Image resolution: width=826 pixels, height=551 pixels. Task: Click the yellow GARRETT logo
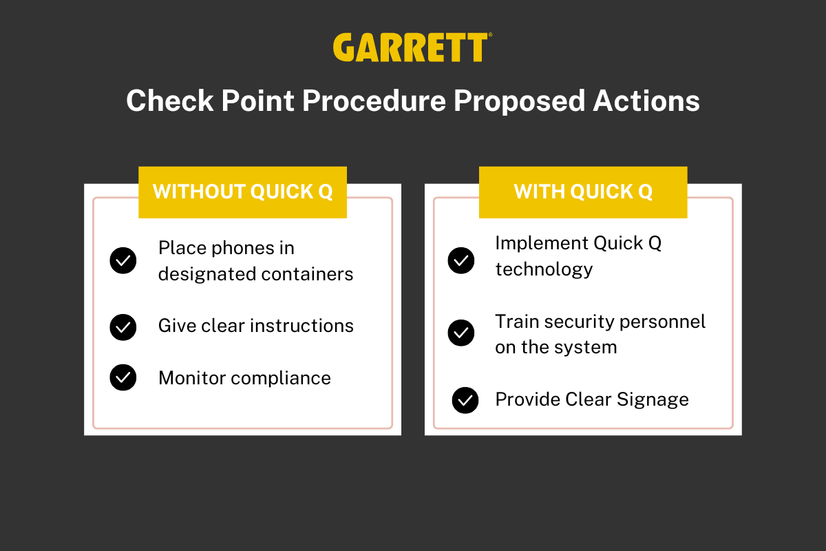coord(412,48)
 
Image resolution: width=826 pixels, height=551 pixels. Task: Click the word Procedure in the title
coord(374,102)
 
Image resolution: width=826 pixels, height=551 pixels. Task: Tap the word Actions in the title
coord(646,101)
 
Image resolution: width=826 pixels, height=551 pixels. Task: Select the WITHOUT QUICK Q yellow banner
coord(242,192)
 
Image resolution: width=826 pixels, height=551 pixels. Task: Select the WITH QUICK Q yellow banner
coord(583,192)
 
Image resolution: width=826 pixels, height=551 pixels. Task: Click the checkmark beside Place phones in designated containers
coord(123,260)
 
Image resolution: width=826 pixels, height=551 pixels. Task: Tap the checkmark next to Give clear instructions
coord(123,327)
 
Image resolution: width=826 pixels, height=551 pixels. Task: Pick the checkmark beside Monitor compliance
coord(123,377)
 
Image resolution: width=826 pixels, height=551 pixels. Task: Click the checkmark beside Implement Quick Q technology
coord(461,260)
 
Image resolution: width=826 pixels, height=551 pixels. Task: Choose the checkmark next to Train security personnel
coord(461,333)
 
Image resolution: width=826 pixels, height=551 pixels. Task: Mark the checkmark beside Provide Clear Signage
coord(465,400)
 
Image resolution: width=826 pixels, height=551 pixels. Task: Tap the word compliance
coord(281,379)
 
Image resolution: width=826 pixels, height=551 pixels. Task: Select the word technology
coord(544,270)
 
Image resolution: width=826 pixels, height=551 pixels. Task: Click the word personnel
coord(662,322)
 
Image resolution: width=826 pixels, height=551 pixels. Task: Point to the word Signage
coord(653,400)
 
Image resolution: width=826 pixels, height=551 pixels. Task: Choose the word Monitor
coord(192,378)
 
